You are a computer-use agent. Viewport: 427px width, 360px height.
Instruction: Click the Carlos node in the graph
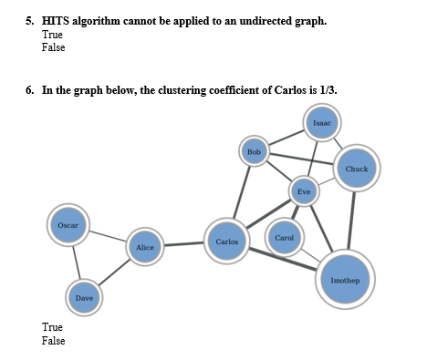(226, 242)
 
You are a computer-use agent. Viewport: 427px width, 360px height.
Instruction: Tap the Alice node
(144, 247)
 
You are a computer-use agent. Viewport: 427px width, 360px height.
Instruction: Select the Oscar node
(68, 224)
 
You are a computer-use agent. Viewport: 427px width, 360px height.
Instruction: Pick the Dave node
(84, 298)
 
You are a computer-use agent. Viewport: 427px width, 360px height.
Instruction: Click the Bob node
(254, 150)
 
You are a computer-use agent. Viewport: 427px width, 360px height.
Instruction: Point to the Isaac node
(321, 122)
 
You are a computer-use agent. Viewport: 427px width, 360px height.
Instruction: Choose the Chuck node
(356, 169)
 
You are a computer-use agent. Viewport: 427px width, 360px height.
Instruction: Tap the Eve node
(304, 191)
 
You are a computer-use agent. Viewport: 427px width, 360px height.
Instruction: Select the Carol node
(284, 238)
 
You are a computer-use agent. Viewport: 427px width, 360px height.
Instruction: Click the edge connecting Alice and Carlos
(183, 244)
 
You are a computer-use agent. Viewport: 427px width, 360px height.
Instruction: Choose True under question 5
(53, 35)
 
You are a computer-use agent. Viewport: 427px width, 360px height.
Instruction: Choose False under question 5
(54, 47)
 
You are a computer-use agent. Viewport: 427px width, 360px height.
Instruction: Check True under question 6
(53, 326)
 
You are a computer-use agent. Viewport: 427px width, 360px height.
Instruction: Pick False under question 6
(54, 340)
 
